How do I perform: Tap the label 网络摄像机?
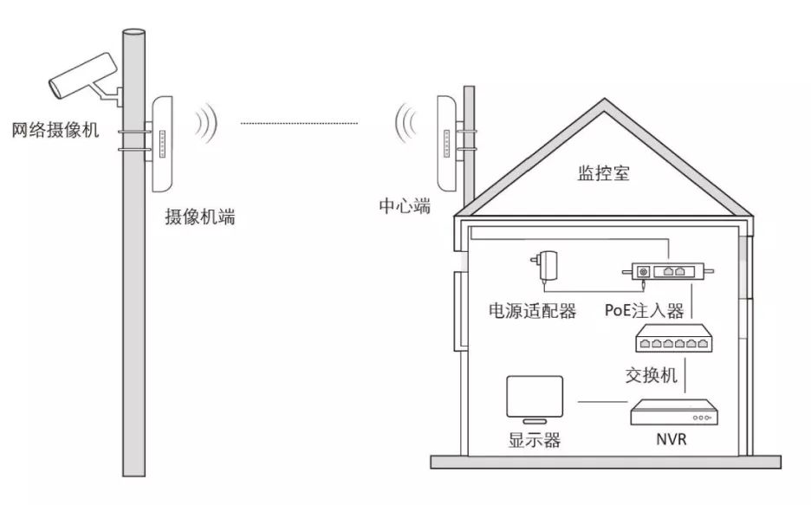[x=55, y=130]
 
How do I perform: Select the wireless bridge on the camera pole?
[x=161, y=144]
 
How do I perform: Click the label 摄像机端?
[x=200, y=217]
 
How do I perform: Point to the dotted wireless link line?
[x=299, y=124]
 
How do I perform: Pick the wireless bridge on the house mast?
[x=447, y=143]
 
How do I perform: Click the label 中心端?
[x=405, y=205]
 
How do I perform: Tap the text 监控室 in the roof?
[x=604, y=172]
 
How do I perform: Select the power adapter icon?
[x=545, y=266]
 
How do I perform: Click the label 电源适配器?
[x=533, y=311]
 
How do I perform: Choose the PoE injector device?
[x=668, y=271]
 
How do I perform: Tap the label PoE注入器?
[x=645, y=310]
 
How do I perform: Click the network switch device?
[x=674, y=338]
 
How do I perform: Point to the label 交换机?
[x=652, y=375]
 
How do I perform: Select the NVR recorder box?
[x=674, y=412]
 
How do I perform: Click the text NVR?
[x=672, y=439]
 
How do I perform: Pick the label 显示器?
[x=535, y=440]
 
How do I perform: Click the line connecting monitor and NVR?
[x=602, y=402]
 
